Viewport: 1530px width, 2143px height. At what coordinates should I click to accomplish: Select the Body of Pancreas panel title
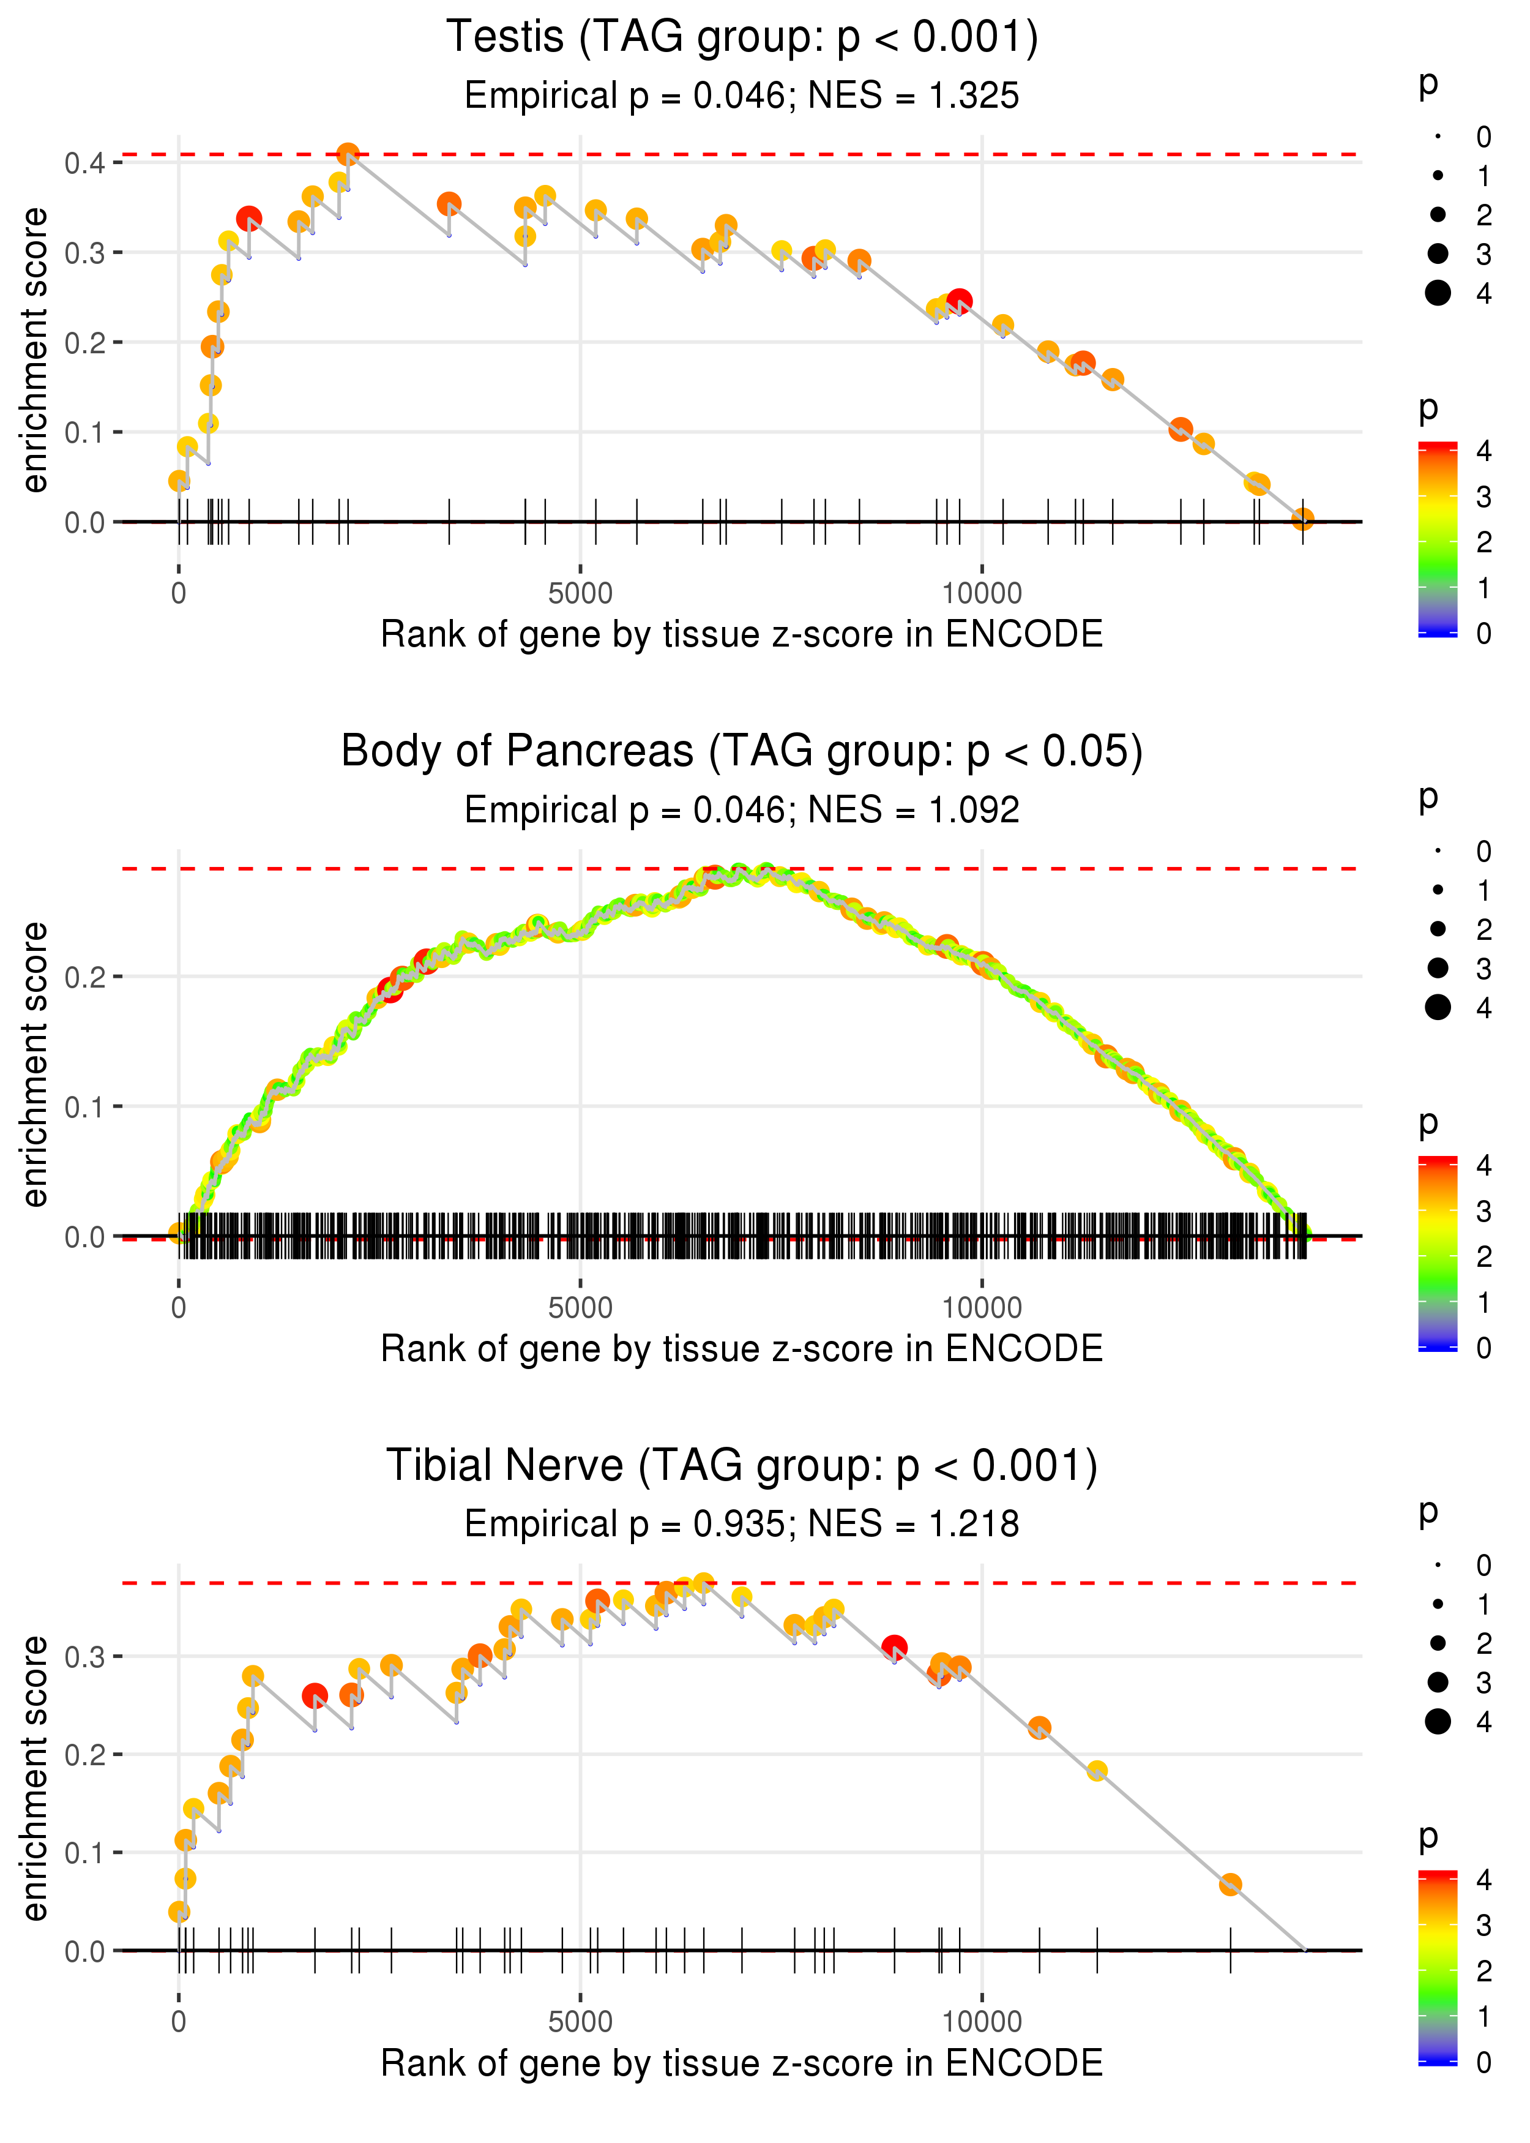pos(742,752)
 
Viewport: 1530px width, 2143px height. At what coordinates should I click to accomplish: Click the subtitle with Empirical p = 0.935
pos(742,1524)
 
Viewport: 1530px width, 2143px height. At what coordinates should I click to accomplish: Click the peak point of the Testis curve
pos(348,154)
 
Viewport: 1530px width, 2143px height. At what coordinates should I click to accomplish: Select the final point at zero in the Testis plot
pos(1302,519)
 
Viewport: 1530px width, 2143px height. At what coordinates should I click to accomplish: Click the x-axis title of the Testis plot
pos(742,634)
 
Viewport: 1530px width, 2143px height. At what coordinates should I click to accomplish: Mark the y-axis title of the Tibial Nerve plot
pos(35,1777)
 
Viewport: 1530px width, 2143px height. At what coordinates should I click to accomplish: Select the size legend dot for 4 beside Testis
pos(1438,293)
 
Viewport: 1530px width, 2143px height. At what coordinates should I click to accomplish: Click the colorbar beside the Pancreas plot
pos(1438,1253)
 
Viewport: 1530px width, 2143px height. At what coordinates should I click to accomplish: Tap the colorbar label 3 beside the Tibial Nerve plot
pos(1484,1924)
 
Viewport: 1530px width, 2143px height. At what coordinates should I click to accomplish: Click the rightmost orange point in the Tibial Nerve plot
pos(1230,1885)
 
